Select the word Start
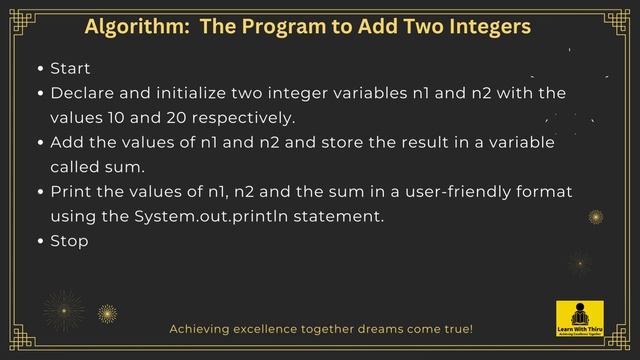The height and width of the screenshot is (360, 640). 70,68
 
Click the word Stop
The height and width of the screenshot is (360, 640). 69,241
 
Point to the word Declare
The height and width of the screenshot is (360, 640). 82,93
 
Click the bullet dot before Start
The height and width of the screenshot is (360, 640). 40,69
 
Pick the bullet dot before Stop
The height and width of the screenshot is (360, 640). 40,242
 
